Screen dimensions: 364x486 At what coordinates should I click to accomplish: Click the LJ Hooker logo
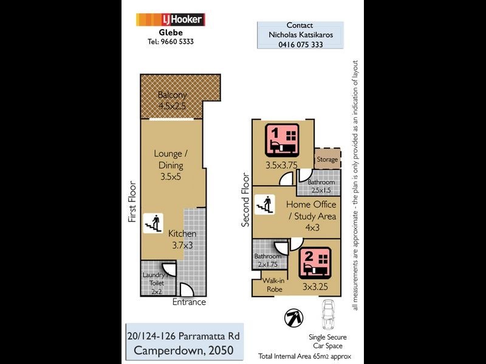pos(170,19)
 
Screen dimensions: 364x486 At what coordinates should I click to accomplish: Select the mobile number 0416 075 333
pos(300,45)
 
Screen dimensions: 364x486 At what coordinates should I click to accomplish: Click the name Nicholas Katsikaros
pos(300,35)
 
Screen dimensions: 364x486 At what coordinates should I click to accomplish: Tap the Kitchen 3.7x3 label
pos(182,239)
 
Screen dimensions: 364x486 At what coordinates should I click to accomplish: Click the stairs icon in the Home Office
pos(264,204)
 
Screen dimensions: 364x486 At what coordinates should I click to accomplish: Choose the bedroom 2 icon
pos(314,262)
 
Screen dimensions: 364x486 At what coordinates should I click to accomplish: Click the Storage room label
pos(326,160)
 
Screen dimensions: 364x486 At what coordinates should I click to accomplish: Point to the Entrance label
pos(189,302)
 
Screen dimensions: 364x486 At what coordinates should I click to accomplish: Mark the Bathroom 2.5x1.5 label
pos(321,186)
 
